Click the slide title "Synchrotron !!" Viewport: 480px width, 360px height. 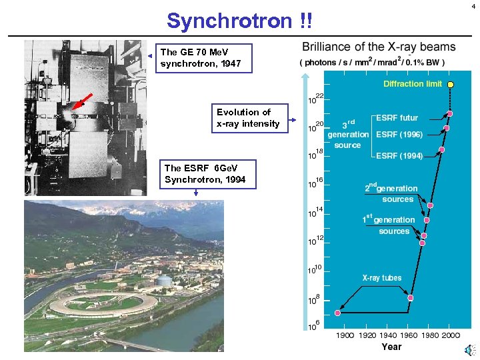tap(238, 21)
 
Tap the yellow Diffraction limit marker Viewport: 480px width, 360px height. tap(451, 85)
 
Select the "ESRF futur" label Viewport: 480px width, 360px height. tap(397, 118)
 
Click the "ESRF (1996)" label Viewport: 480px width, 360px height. tap(399, 134)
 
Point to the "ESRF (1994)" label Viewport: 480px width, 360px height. tap(399, 156)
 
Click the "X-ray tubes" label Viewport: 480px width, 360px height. tap(382, 278)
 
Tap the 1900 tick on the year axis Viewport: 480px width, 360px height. tap(345, 335)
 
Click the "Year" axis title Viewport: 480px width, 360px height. tap(391, 347)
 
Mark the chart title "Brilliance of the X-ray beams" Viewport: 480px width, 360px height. tap(379, 47)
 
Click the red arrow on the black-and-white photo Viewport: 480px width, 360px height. tap(81, 101)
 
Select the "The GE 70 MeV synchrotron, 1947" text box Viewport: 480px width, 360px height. tap(205, 58)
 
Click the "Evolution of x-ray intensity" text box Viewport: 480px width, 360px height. tap(248, 117)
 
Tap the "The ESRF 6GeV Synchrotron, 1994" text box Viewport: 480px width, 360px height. tap(205, 174)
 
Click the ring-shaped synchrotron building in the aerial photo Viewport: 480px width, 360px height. tap(103, 304)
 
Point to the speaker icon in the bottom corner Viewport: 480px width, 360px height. tap(471, 349)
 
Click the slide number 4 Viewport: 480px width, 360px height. tap(473, 6)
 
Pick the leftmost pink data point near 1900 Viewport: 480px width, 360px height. tap(338, 313)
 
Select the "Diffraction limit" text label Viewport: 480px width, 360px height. tap(413, 84)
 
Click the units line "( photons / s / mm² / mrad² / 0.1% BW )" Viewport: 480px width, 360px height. tap(373, 63)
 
